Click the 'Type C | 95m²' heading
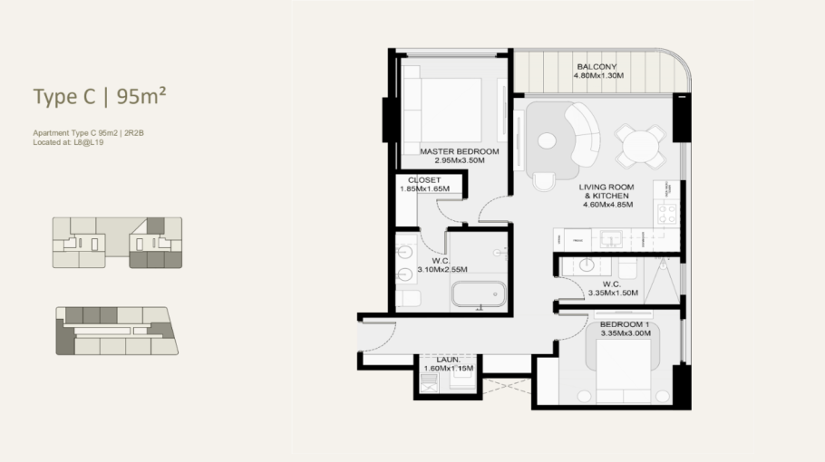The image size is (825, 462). [x=100, y=96]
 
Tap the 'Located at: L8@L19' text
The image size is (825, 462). [x=68, y=142]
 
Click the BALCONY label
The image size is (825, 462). [x=597, y=67]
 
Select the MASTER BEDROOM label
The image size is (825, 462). [x=460, y=151]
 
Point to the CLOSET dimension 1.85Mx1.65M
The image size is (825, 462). [x=424, y=188]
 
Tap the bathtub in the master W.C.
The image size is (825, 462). [x=479, y=294]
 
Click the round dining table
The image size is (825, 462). [x=640, y=146]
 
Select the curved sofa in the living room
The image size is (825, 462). [x=583, y=134]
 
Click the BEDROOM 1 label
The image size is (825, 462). [x=625, y=324]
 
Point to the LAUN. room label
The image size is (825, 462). [x=448, y=360]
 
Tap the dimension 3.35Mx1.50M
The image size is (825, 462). [x=613, y=293]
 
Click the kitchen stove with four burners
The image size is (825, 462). [x=667, y=214]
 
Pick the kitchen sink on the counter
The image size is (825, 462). [x=611, y=239]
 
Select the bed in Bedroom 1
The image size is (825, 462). [x=624, y=371]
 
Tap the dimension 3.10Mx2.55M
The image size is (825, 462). [x=442, y=270]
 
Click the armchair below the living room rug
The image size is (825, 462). [x=544, y=181]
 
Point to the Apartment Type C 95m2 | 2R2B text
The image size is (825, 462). [x=89, y=133]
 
